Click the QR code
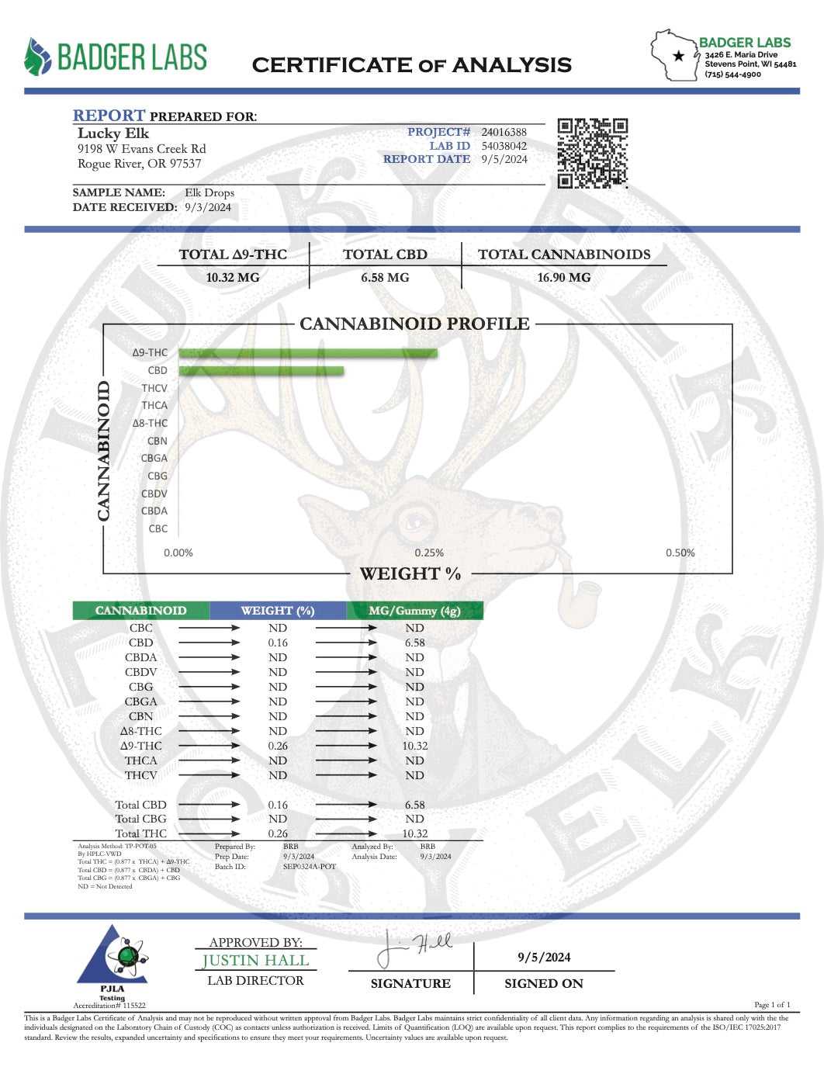(592, 153)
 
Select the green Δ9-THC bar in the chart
(308, 353)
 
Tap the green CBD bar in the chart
(261, 371)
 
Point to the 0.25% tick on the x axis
(429, 553)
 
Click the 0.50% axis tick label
(680, 553)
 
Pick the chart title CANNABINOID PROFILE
(414, 324)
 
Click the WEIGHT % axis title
(410, 574)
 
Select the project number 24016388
(504, 133)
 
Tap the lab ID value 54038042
(504, 146)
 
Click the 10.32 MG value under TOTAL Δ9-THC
(233, 278)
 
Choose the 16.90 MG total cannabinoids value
(564, 278)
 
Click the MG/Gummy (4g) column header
(414, 611)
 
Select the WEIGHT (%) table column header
(277, 611)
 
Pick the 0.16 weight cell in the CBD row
(278, 643)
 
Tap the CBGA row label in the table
(141, 702)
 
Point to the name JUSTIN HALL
(255, 961)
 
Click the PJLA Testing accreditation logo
(113, 959)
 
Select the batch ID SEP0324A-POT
(310, 867)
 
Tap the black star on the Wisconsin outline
(679, 56)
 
